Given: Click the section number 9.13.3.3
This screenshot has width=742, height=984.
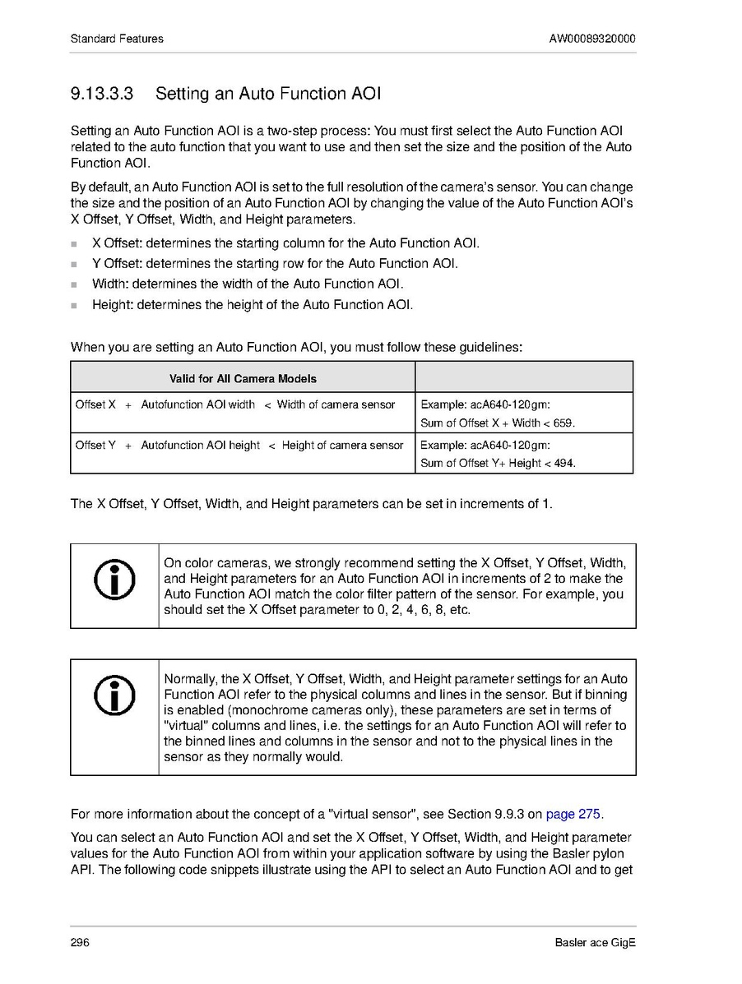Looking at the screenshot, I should [102, 94].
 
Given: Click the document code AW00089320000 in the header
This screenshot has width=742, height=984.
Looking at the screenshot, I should [592, 39].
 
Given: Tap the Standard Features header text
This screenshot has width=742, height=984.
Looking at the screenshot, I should [117, 39].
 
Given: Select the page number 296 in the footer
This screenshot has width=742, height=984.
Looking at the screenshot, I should [80, 942].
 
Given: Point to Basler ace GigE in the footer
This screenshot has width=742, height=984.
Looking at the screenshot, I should [595, 942].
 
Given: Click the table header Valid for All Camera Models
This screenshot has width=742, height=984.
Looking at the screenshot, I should [243, 379].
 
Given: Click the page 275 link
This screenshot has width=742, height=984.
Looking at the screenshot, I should [573, 815].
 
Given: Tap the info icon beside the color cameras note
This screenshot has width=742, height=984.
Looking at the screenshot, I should [114, 585].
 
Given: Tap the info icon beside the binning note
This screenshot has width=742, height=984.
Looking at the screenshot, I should [114, 696].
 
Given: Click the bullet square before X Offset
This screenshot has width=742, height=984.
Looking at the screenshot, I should [74, 244].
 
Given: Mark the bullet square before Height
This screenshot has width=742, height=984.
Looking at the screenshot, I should [74, 306].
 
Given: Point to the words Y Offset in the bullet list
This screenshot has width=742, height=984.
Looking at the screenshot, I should [114, 264].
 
